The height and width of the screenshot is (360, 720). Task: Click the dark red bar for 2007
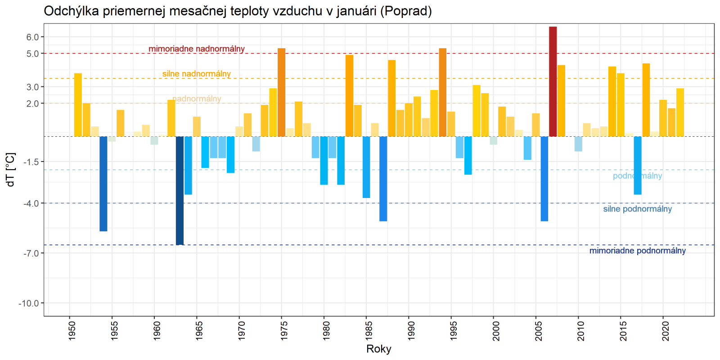(x=553, y=81)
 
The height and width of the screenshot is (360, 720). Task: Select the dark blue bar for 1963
(x=180, y=190)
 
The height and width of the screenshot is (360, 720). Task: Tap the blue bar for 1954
(x=103, y=184)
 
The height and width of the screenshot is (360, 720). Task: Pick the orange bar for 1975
(x=281, y=92)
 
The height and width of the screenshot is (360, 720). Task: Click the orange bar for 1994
(x=442, y=92)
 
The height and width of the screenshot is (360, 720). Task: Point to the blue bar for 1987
(x=383, y=179)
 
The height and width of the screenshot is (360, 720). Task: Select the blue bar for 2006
(x=544, y=179)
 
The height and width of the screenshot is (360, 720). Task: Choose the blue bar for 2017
(x=637, y=165)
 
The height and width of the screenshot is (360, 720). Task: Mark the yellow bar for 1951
(x=78, y=105)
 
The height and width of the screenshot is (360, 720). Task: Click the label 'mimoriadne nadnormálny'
(x=197, y=49)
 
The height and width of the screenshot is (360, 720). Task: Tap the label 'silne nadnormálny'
(x=197, y=74)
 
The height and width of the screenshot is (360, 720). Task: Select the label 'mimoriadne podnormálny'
(x=637, y=251)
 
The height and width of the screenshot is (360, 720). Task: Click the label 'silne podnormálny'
(x=637, y=209)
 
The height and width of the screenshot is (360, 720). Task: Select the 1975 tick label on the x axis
(x=284, y=331)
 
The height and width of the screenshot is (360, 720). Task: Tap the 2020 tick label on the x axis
(x=666, y=331)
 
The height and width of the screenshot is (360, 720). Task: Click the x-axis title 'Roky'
(x=378, y=349)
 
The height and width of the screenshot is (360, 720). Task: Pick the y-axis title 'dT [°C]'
(x=11, y=170)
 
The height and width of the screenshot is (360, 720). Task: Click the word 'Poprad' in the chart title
(x=406, y=11)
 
